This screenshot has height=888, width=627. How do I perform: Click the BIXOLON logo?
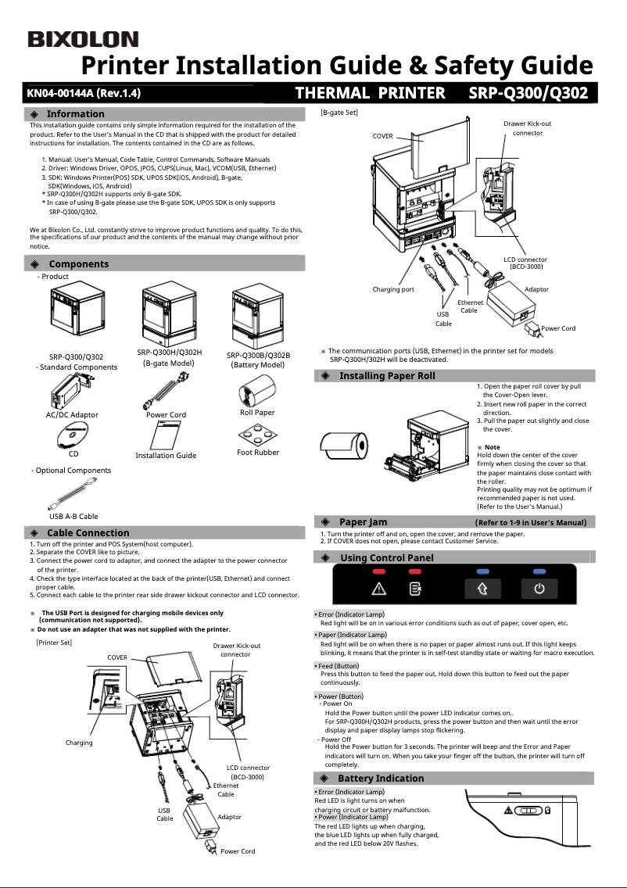[x=83, y=39]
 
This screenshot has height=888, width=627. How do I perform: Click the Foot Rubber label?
[x=257, y=453]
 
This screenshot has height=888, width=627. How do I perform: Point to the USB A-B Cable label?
[x=73, y=516]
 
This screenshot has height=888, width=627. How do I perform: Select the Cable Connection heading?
[x=88, y=533]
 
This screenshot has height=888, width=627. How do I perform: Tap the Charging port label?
[x=393, y=289]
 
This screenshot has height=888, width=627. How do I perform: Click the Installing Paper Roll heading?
[x=387, y=376]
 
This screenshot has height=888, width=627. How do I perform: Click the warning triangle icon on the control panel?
[x=379, y=589]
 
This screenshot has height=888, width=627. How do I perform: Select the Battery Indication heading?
[x=381, y=779]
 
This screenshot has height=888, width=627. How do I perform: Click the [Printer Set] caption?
[x=54, y=642]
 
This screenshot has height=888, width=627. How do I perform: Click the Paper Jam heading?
[x=363, y=522]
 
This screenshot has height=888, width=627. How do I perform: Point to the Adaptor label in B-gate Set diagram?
[x=536, y=289]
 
